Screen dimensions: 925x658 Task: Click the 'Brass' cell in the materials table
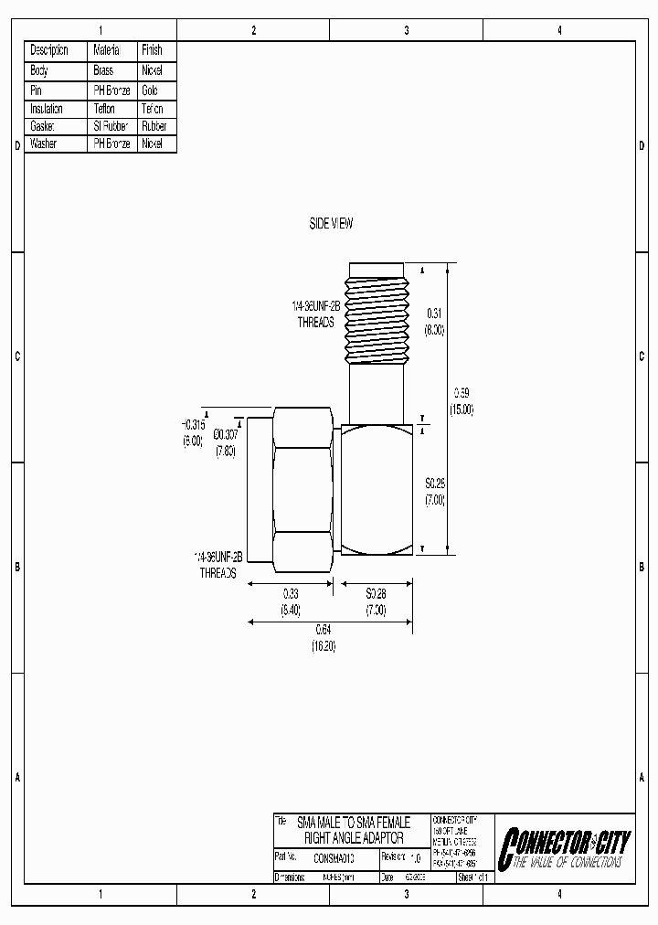point(103,69)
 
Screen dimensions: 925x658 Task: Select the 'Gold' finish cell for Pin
point(150,90)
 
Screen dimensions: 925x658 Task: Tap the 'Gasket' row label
point(43,126)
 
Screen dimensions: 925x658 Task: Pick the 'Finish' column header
point(152,50)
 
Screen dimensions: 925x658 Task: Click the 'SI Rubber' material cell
point(111,126)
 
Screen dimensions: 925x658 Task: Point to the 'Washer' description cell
point(43,144)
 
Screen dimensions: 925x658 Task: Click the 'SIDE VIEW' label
point(330,223)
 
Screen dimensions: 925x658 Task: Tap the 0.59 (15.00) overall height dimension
point(462,400)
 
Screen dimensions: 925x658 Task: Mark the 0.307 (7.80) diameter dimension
point(225,443)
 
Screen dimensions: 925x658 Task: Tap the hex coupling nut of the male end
point(301,488)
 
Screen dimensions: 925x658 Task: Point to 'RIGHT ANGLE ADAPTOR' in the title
point(353,836)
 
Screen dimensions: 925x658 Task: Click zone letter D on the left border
point(16,145)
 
